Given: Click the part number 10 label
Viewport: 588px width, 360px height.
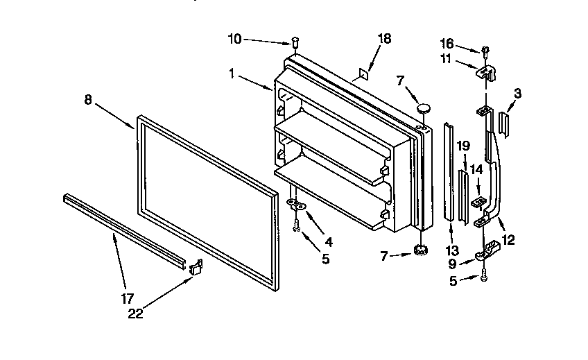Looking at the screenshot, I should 234,39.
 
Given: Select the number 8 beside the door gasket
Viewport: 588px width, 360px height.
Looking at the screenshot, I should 88,99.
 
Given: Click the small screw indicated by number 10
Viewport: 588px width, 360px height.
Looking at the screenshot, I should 295,42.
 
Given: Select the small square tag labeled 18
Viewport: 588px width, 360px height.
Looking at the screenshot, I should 364,71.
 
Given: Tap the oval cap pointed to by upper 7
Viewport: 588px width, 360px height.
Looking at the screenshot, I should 424,108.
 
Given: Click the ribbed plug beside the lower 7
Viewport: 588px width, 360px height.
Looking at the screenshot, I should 420,251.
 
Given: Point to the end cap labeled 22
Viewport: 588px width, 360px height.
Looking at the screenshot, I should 196,267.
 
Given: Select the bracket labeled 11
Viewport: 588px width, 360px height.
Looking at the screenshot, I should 490,74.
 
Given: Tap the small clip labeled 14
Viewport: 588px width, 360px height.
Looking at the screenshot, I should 478,204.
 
